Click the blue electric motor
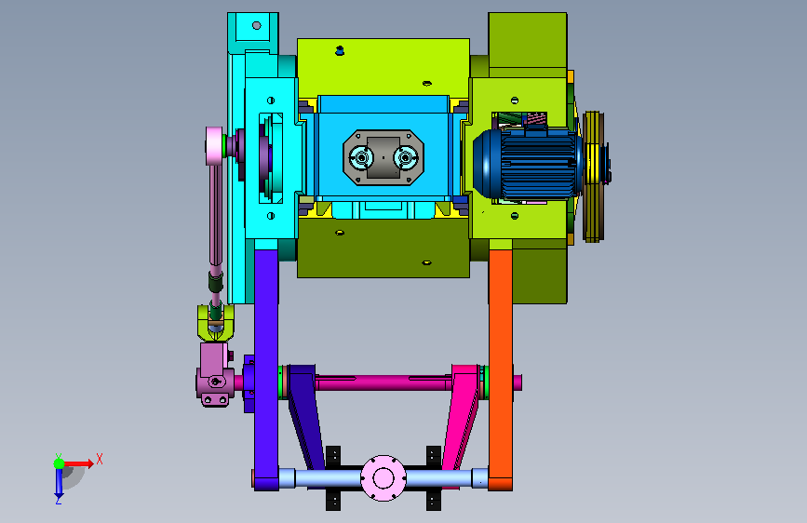(528, 164)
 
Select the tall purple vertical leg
(266, 369)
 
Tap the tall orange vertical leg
(500, 369)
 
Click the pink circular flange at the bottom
(383, 478)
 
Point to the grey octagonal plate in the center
(383, 157)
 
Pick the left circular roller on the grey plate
(361, 157)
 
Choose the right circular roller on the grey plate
(406, 157)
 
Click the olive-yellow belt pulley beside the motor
(594, 177)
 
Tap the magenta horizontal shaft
(383, 383)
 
